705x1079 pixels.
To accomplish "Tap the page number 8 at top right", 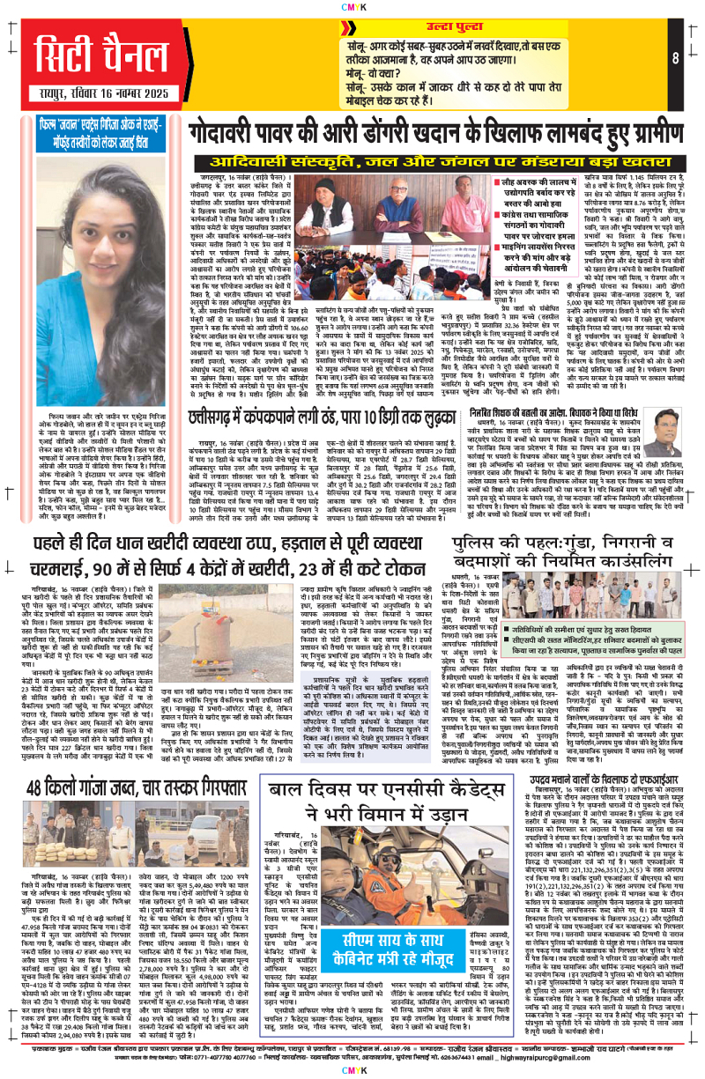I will pos(673,59).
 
